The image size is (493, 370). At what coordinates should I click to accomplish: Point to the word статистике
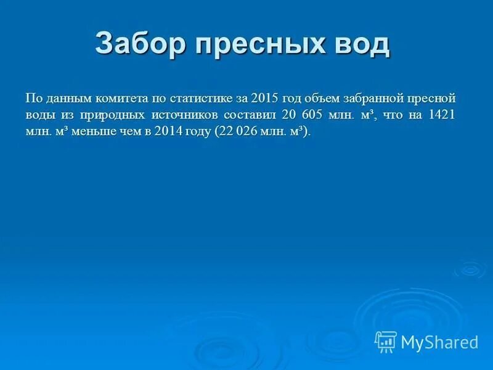pos(200,98)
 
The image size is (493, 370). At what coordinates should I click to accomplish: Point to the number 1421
pos(441,115)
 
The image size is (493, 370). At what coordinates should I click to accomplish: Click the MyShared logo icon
pos(386,342)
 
